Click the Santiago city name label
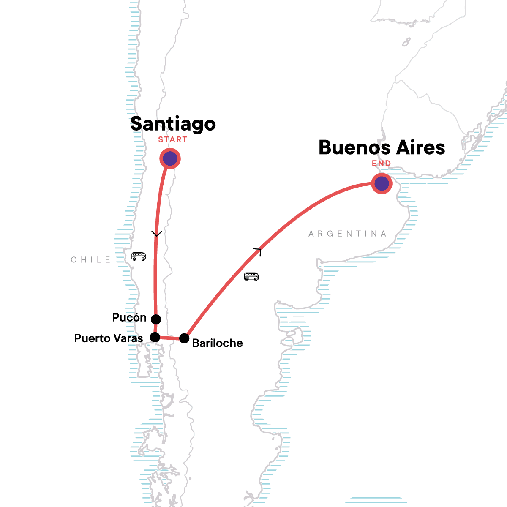(173, 124)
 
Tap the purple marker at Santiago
(170, 159)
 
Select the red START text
(173, 140)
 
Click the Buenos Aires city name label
(382, 147)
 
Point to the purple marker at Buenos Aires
(382, 184)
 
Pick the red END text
(381, 164)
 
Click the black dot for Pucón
(156, 319)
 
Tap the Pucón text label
(129, 318)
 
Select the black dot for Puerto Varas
(155, 337)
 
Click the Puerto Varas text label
(109, 338)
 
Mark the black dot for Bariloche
(184, 338)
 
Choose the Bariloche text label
(217, 343)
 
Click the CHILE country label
(91, 260)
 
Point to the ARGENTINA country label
(347, 234)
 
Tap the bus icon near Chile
(139, 256)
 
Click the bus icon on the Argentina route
(251, 277)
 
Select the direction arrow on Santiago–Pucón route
(156, 234)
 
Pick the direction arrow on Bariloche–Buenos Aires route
(259, 251)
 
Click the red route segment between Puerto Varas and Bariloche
(169, 338)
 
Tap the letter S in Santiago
(137, 124)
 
